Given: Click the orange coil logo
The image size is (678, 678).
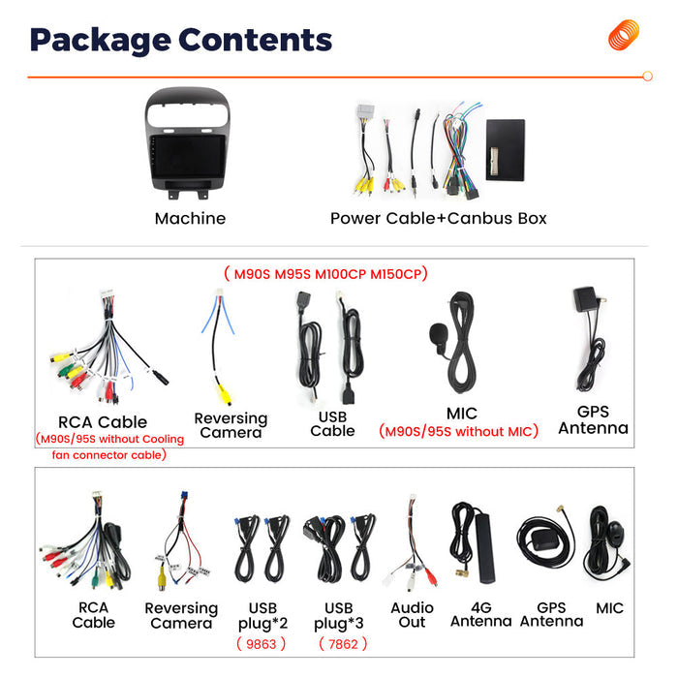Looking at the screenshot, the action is tap(623, 35).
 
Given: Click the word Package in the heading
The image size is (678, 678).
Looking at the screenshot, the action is tap(101, 41).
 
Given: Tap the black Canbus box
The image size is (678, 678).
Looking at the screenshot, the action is tap(505, 150).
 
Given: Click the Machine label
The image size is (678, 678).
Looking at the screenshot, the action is tap(190, 218).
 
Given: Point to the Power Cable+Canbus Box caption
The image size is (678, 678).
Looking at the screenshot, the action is tap(439, 218).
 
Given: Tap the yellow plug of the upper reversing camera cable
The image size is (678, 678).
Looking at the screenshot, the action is tap(224, 394).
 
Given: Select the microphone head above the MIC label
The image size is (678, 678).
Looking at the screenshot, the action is tap(438, 334).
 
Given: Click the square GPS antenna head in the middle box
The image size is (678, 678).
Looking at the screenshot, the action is tap(585, 299).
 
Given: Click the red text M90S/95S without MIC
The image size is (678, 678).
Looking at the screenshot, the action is tap(458, 431).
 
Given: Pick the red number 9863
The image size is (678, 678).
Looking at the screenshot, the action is tap(262, 644).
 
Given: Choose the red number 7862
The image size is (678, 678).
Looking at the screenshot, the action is tap(343, 644).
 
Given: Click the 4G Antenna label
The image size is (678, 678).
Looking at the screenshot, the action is tap(480, 614).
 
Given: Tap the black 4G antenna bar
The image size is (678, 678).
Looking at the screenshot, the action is tap(485, 548).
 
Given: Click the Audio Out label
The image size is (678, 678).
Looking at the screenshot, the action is tap(412, 615).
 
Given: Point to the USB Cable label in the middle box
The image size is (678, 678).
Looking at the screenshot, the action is tap(332, 424).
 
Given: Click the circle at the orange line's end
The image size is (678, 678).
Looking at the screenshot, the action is tap(647, 77).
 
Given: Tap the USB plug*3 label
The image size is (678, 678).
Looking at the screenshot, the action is tap(339, 616).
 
